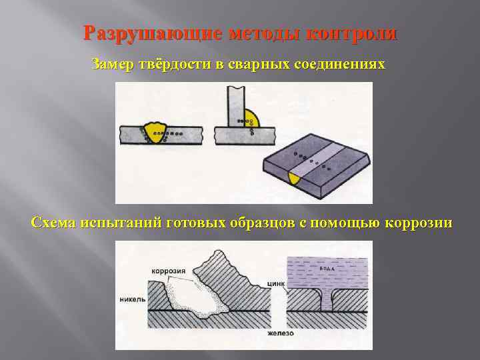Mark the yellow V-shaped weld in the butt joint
tap(158, 131)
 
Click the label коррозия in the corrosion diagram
tap(168, 271)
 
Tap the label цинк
tap(276, 283)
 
